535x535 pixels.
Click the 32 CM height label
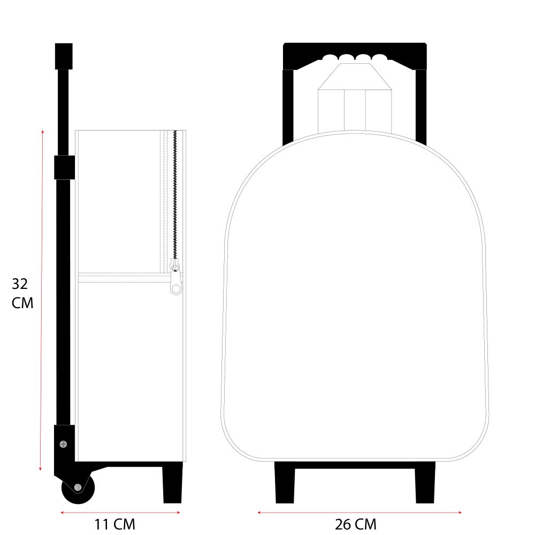tap(22, 293)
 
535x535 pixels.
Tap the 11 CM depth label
tap(114, 524)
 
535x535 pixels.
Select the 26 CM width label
tap(356, 524)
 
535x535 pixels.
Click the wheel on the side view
tap(78, 487)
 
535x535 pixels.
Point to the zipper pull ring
tap(175, 289)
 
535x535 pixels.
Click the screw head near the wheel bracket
tap(63, 444)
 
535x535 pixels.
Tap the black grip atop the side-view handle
tap(64, 56)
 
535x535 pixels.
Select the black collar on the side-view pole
tap(65, 167)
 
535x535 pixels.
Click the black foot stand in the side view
tap(173, 483)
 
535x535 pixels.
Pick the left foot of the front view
tap(285, 483)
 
